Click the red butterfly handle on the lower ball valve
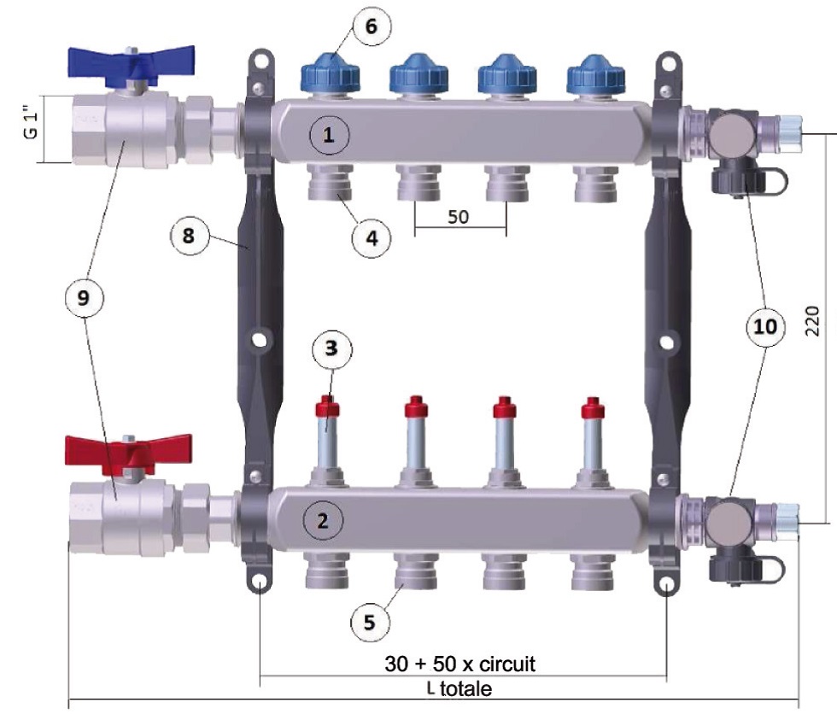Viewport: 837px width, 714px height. pos(129,451)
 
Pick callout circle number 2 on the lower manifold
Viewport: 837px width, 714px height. pos(324,519)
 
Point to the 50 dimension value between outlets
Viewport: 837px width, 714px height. pos(459,217)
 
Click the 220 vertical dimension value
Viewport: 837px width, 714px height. pos(812,322)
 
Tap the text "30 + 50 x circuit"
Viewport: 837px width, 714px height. pos(462,664)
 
